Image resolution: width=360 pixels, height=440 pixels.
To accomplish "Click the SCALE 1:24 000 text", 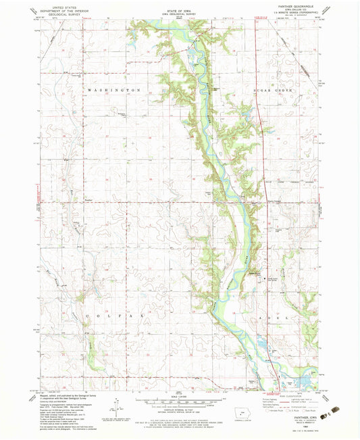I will (180, 397).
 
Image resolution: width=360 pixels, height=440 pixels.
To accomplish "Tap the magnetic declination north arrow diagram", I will (118, 406).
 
